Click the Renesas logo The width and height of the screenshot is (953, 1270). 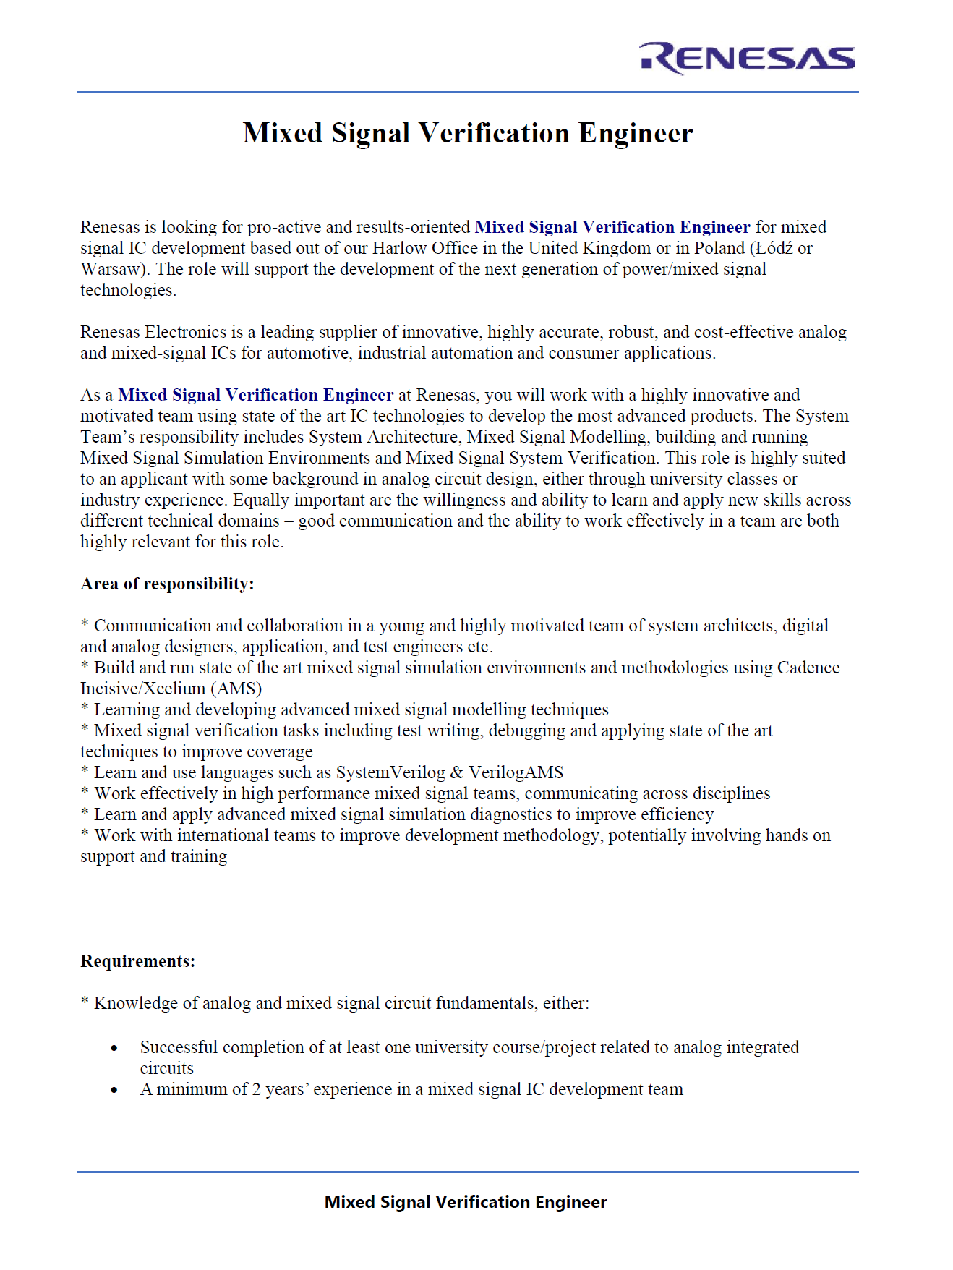click(747, 58)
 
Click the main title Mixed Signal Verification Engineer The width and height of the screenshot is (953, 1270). click(468, 133)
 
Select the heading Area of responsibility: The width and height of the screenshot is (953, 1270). click(167, 584)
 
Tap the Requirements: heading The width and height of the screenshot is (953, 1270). click(137, 961)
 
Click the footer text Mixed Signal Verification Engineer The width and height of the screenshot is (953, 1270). click(466, 1202)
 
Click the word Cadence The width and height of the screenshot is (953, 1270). click(808, 668)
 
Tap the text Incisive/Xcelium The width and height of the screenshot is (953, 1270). click(142, 689)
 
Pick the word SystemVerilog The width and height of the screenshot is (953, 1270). click(390, 772)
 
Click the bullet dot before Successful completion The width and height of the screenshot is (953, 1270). click(114, 1048)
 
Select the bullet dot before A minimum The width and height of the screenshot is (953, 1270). click(114, 1090)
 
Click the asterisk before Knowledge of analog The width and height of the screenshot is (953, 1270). click(85, 1003)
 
